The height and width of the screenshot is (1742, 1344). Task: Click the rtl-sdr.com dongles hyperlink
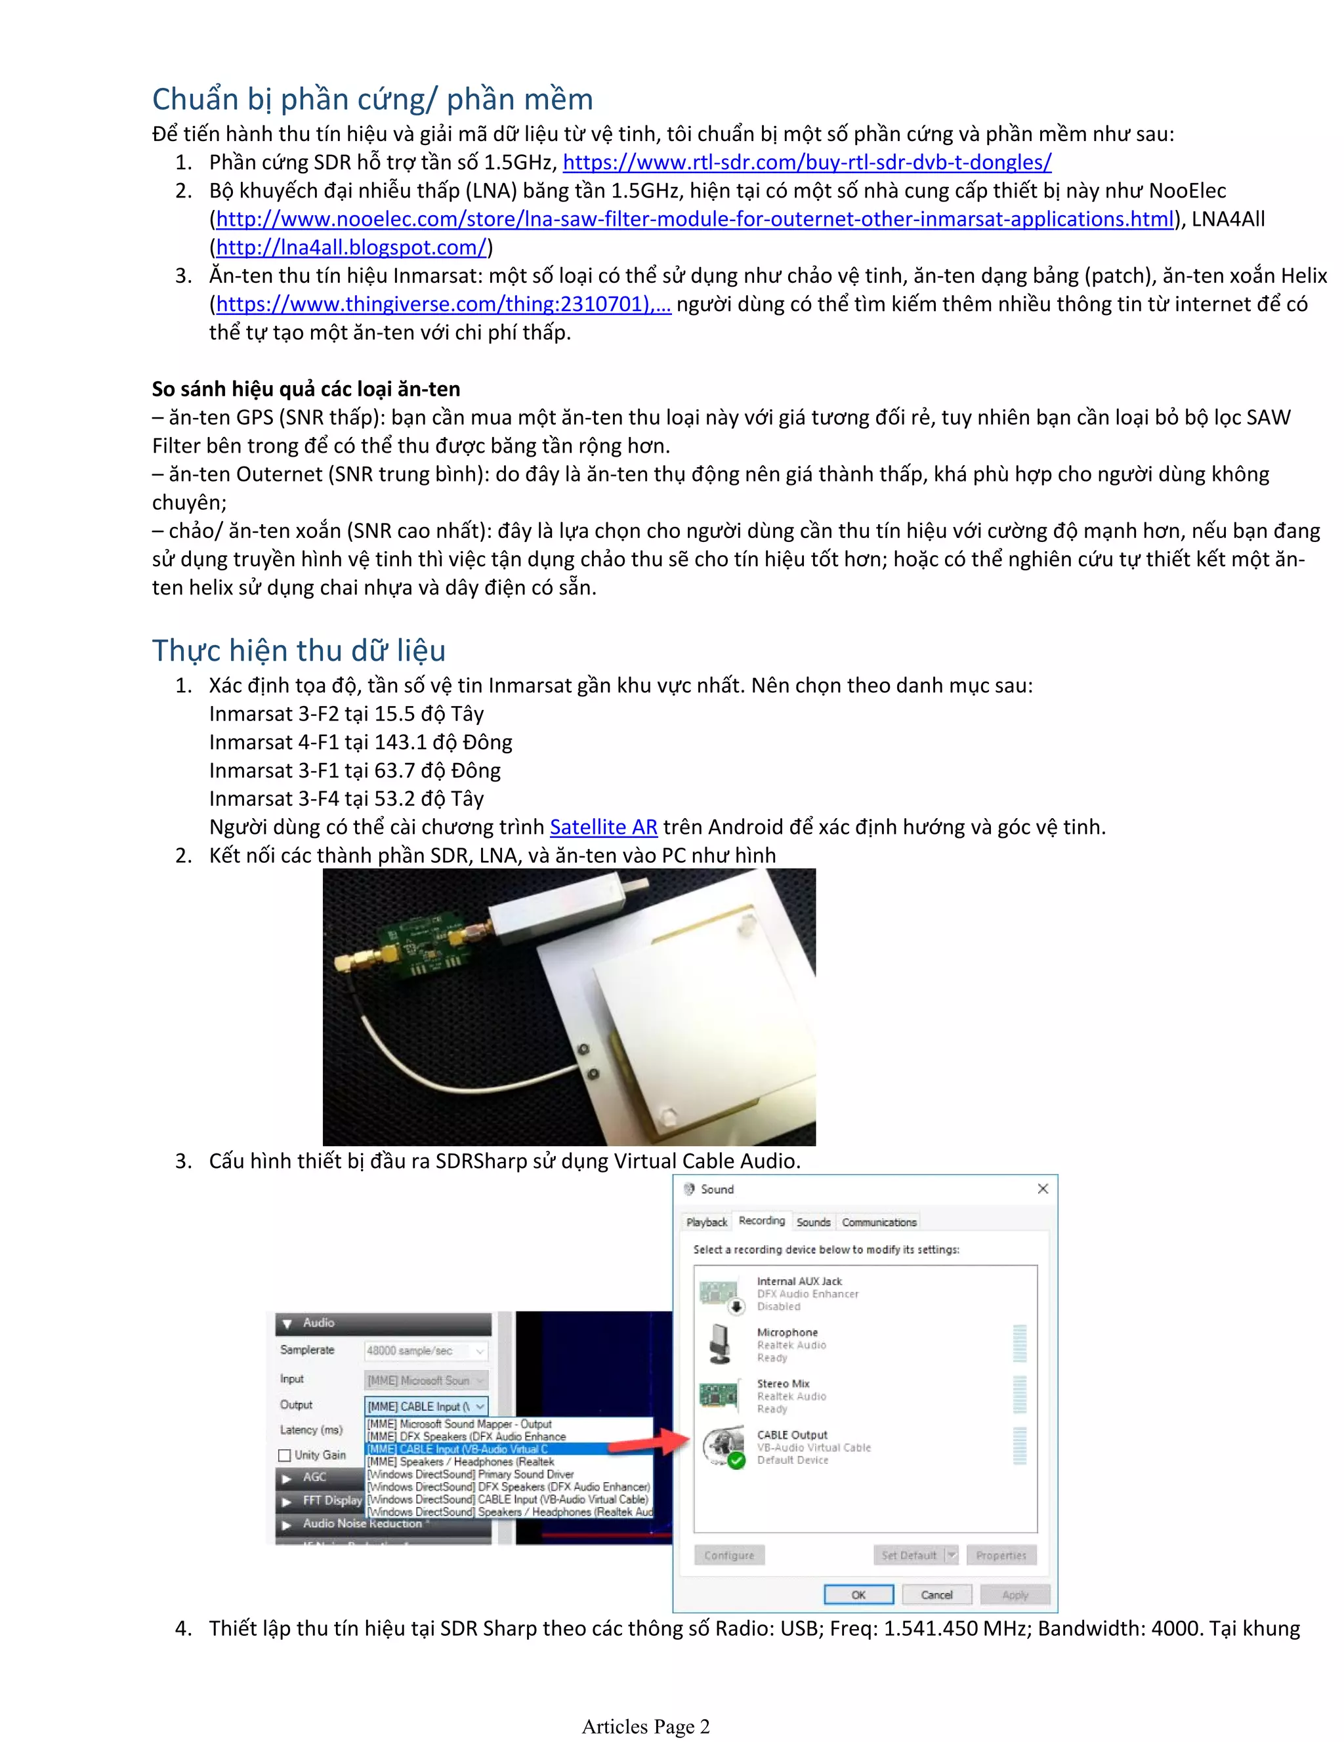point(807,162)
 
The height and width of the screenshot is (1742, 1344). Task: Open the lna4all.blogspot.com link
point(351,247)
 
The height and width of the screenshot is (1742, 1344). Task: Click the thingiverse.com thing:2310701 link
point(443,304)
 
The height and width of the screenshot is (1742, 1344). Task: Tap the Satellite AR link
point(603,827)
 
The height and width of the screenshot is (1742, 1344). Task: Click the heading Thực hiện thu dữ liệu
point(299,650)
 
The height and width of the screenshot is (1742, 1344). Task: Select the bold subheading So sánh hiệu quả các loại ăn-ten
point(306,389)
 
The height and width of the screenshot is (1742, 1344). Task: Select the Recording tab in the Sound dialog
point(761,1221)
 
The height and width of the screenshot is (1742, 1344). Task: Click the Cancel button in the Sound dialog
point(936,1595)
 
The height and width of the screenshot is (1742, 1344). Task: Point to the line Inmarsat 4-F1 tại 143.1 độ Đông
point(360,743)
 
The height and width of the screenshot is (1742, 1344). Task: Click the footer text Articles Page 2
point(645,1727)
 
